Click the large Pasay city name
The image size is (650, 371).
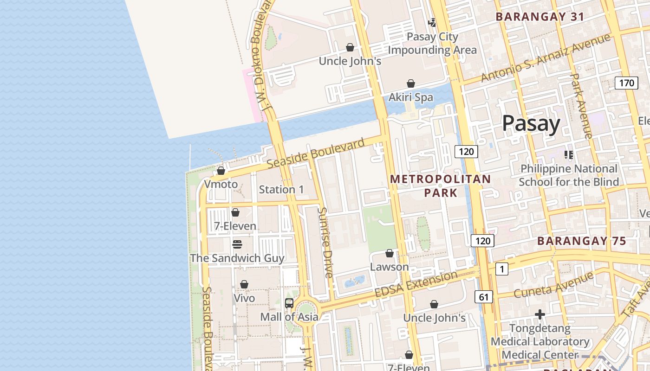click(x=531, y=124)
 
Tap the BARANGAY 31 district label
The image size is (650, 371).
click(x=540, y=17)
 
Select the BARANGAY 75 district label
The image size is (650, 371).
click(x=582, y=241)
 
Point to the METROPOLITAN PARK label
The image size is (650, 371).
click(x=440, y=185)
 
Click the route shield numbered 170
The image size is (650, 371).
click(x=626, y=83)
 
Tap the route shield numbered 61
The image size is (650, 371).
click(x=484, y=297)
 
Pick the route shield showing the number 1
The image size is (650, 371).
click(x=501, y=269)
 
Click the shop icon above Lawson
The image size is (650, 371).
click(x=390, y=254)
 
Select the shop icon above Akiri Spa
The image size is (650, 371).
click(x=411, y=84)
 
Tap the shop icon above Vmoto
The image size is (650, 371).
click(x=221, y=171)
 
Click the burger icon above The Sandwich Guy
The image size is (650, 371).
click(x=237, y=244)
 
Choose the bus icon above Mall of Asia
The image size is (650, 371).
click(x=289, y=303)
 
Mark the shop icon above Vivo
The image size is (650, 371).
click(x=244, y=285)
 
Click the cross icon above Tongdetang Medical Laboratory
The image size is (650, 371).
click(x=539, y=315)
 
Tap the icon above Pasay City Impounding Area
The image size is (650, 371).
click(x=432, y=22)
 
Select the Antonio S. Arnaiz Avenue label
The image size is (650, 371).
click(x=545, y=58)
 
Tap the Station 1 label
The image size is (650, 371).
click(x=281, y=190)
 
